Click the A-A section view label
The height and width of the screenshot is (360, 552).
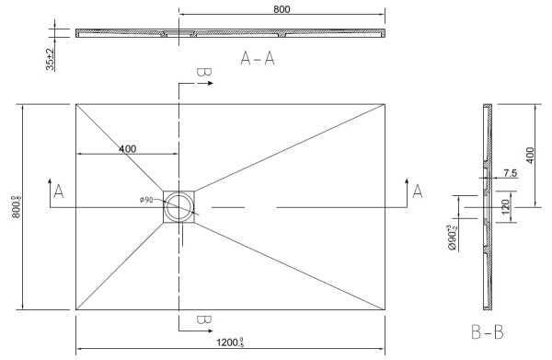pos(259,60)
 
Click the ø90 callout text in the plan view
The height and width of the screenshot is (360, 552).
pos(145,200)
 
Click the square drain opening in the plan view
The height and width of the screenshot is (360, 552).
pos(179,207)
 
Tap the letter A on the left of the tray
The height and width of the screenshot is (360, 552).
pos(59,192)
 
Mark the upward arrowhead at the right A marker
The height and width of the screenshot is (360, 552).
pos(404,180)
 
